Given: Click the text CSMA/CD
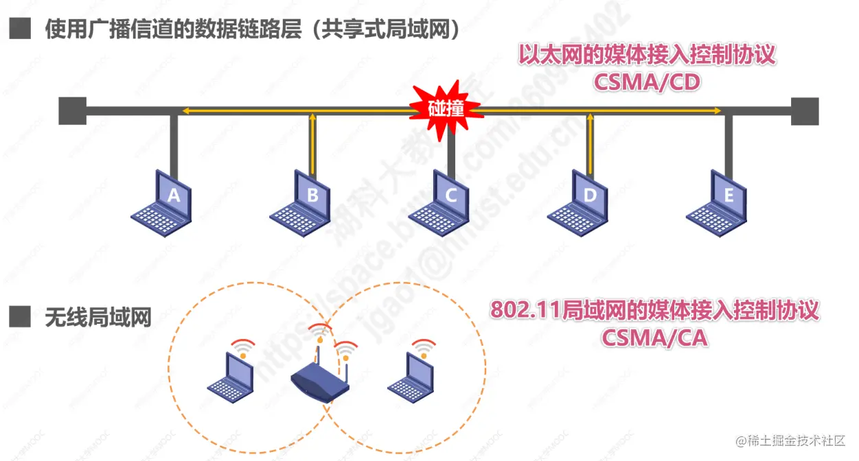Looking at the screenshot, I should click(x=646, y=82).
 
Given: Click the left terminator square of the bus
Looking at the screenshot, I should click(x=72, y=111).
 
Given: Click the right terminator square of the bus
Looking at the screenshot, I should click(x=805, y=111).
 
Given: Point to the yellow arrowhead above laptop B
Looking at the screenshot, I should click(x=312, y=119).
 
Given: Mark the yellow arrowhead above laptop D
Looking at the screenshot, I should click(x=589, y=119).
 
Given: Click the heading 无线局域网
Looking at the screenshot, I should click(x=98, y=318).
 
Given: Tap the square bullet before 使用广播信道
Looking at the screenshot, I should click(x=21, y=29).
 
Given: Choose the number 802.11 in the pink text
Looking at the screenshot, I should click(x=523, y=310).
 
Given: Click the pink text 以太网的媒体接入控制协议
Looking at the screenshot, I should click(x=647, y=55).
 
